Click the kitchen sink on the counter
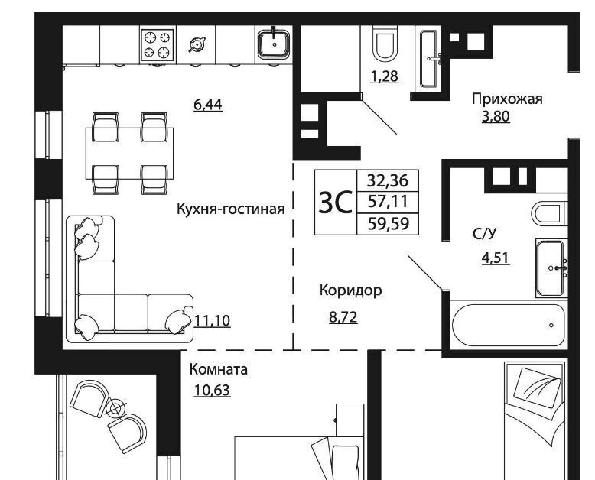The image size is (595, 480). [x=274, y=44]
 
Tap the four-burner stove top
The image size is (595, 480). [x=158, y=45]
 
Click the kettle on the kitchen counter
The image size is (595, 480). [x=197, y=44]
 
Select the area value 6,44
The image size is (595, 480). [x=207, y=105]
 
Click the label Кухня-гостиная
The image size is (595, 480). [x=230, y=209]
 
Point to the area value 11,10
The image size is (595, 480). [x=212, y=321]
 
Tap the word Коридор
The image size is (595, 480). [x=350, y=290]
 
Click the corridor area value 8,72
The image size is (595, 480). [x=343, y=317]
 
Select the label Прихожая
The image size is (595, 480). [x=507, y=99]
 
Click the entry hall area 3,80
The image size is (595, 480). [x=496, y=116]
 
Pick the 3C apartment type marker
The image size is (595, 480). [x=336, y=203]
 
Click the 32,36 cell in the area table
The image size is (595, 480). [x=388, y=180]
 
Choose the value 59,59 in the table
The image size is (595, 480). [x=389, y=224]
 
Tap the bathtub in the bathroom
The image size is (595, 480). [x=508, y=325]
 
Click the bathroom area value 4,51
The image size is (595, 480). [x=496, y=258]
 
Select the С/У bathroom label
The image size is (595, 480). [x=484, y=234]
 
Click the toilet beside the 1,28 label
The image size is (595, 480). [x=385, y=44]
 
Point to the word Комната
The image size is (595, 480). [x=218, y=369]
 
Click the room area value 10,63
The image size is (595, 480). [x=212, y=390]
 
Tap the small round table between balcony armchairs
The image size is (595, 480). [x=115, y=408]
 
